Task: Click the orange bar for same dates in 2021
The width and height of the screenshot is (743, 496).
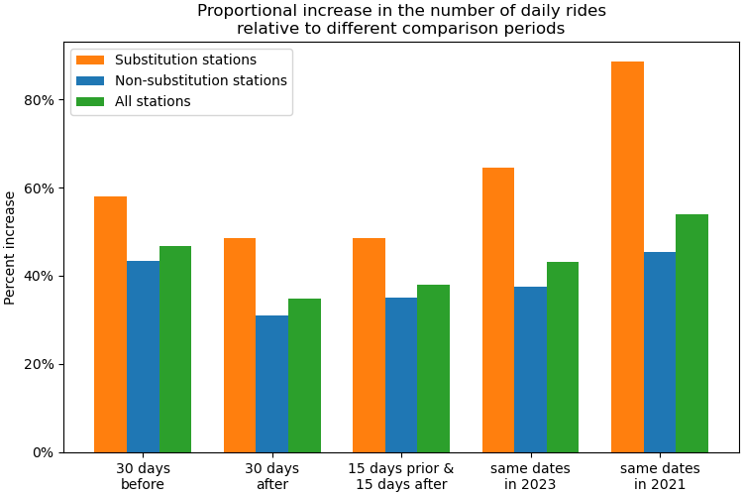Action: coord(627,257)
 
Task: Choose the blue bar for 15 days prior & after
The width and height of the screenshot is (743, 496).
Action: coord(401,375)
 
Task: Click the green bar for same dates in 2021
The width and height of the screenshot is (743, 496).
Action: coord(691,333)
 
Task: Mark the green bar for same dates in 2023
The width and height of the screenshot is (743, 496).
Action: coord(563,357)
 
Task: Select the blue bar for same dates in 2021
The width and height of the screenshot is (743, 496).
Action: coord(660,352)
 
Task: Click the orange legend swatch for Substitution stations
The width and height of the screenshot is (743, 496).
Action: coord(90,61)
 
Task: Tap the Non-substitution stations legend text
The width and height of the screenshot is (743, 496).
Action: coord(201,81)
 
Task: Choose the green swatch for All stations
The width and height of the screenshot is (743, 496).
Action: coord(90,101)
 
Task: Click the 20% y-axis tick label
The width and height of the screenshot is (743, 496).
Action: coord(41,364)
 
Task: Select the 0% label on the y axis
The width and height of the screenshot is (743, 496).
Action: coord(45,452)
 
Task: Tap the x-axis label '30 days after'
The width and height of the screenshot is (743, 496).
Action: coord(271,476)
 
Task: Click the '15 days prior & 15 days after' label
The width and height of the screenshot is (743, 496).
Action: coord(401,476)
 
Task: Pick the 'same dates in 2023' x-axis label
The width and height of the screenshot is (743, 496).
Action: coord(530,476)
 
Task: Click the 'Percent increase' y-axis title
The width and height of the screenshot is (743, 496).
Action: coord(11,248)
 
